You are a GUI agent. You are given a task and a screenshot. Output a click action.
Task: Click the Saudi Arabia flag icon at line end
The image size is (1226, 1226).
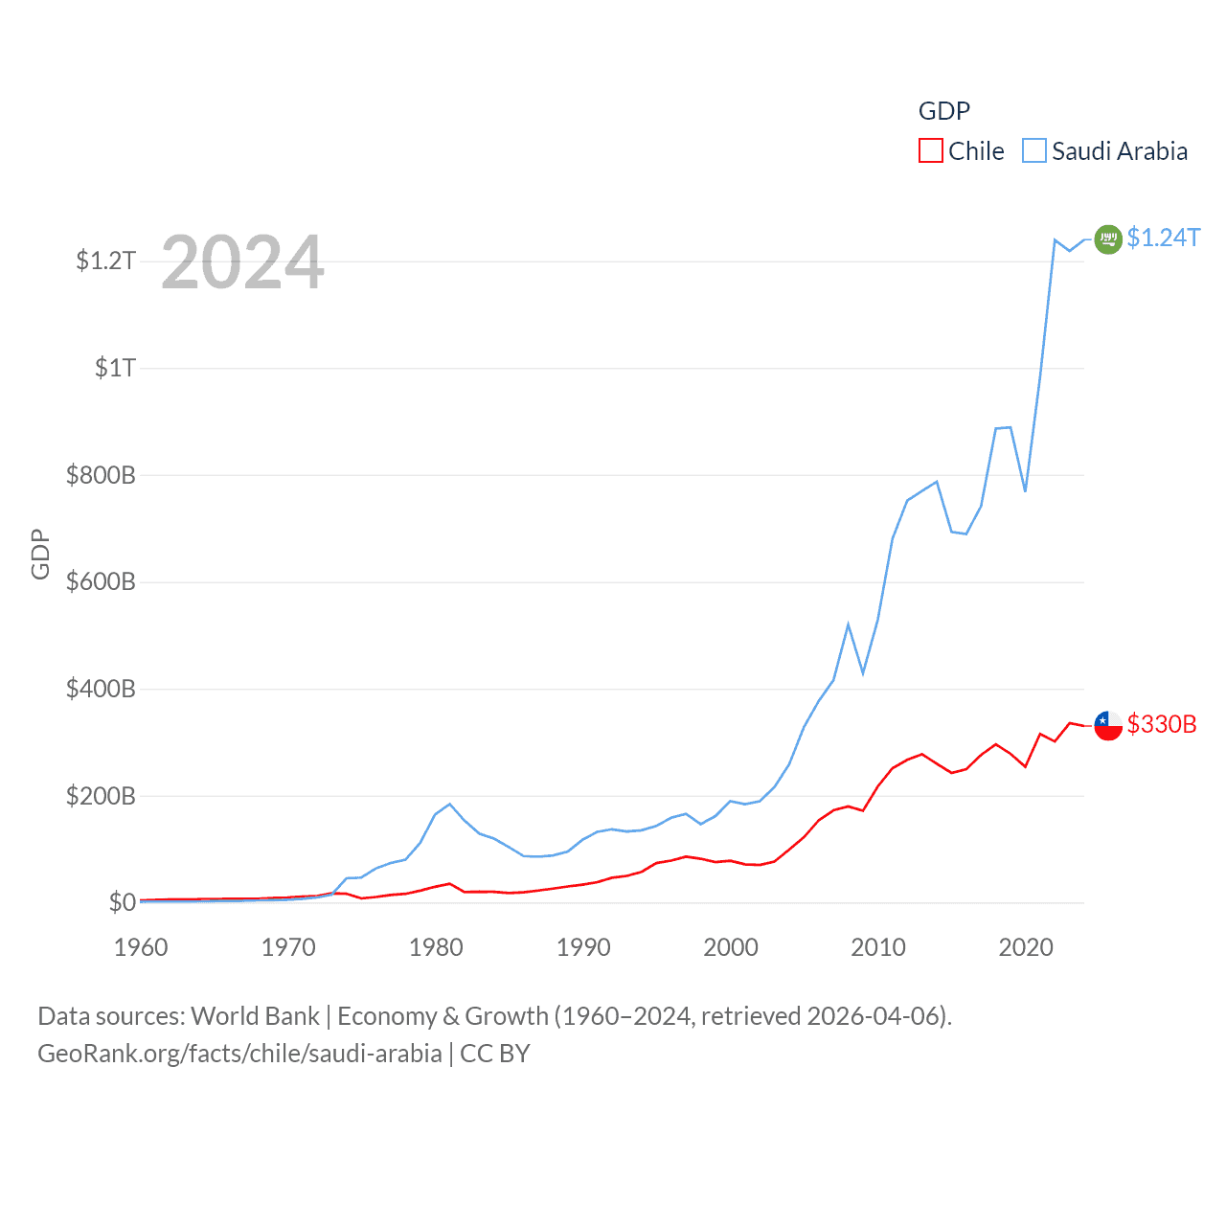(x=1108, y=238)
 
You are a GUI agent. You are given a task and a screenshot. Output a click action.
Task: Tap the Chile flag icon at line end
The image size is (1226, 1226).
(x=1108, y=725)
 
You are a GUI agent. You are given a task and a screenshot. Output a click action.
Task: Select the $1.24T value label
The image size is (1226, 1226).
(x=1163, y=238)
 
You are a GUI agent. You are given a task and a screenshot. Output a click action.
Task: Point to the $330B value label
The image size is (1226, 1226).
(x=1162, y=724)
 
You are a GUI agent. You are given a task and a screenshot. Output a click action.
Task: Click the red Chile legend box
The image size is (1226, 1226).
(x=930, y=151)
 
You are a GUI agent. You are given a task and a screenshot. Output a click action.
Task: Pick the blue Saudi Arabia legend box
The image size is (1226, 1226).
(x=1034, y=151)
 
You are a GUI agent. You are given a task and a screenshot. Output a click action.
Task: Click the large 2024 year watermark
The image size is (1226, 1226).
(x=242, y=262)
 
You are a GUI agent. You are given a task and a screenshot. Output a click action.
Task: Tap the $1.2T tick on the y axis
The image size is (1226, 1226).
(x=105, y=261)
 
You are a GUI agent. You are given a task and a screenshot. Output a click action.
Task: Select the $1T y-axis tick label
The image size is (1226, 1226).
(x=115, y=368)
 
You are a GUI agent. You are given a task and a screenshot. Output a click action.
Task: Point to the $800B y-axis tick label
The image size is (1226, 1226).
(x=101, y=475)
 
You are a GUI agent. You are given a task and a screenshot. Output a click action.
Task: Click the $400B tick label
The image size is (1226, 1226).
(x=101, y=689)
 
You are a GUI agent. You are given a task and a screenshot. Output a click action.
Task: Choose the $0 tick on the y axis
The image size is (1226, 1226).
(x=122, y=902)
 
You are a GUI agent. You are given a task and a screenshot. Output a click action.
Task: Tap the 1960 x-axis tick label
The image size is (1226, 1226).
(x=141, y=947)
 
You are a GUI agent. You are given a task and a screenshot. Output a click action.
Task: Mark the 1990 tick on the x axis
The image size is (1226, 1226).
(x=583, y=947)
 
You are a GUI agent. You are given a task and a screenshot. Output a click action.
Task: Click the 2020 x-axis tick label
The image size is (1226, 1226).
(x=1026, y=947)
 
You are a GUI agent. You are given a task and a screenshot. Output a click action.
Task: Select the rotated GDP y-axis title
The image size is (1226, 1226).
(x=40, y=554)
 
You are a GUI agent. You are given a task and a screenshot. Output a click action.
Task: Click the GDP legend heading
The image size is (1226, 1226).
(x=944, y=111)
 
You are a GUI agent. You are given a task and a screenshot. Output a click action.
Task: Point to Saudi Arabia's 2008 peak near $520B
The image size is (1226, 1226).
(x=848, y=624)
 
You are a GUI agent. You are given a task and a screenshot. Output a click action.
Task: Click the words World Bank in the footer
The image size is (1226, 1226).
(x=256, y=1015)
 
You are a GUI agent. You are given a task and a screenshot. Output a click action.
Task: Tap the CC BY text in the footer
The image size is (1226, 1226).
(x=495, y=1054)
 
